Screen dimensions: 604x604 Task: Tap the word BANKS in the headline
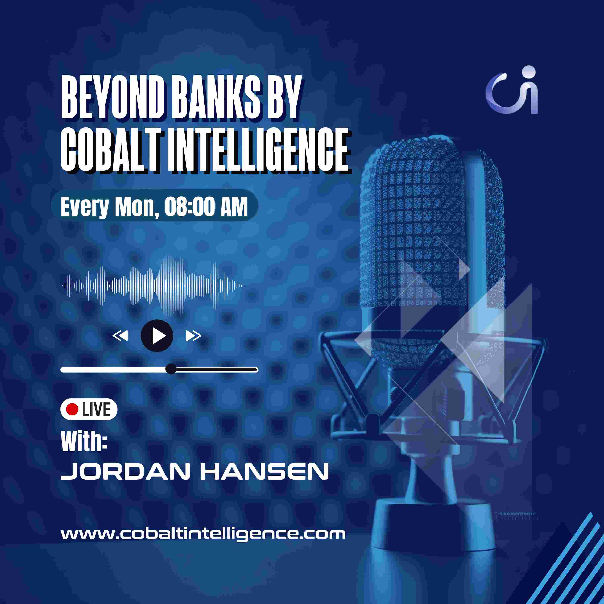216,97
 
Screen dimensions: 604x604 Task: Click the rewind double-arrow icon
120,336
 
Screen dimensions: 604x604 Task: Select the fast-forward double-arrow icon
193,336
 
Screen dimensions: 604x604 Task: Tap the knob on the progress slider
171,369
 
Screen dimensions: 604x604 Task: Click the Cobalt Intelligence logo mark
512,90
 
